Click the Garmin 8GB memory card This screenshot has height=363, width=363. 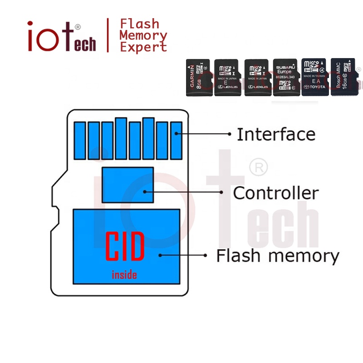click(x=199, y=78)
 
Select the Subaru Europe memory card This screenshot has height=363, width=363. click(x=286, y=78)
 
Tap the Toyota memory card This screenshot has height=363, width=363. click(x=314, y=78)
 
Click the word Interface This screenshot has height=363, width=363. click(x=276, y=134)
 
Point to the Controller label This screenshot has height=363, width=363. click(x=275, y=193)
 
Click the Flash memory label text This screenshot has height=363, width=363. click(x=277, y=255)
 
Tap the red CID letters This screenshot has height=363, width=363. click(x=125, y=246)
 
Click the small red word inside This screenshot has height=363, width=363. click(x=124, y=275)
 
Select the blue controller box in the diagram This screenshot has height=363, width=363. click(x=128, y=185)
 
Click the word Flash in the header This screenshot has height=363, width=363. click(x=139, y=24)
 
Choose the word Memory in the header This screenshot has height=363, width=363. click(x=143, y=35)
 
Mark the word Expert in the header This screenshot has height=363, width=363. click(x=143, y=47)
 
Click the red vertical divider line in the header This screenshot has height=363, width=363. click(x=108, y=35)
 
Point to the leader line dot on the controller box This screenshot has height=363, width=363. click(x=145, y=192)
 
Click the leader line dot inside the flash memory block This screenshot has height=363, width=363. click(x=160, y=255)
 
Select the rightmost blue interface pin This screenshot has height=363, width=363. click(x=176, y=140)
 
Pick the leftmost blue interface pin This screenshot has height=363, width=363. click(x=80, y=140)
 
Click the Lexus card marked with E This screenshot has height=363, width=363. click(x=227, y=78)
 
